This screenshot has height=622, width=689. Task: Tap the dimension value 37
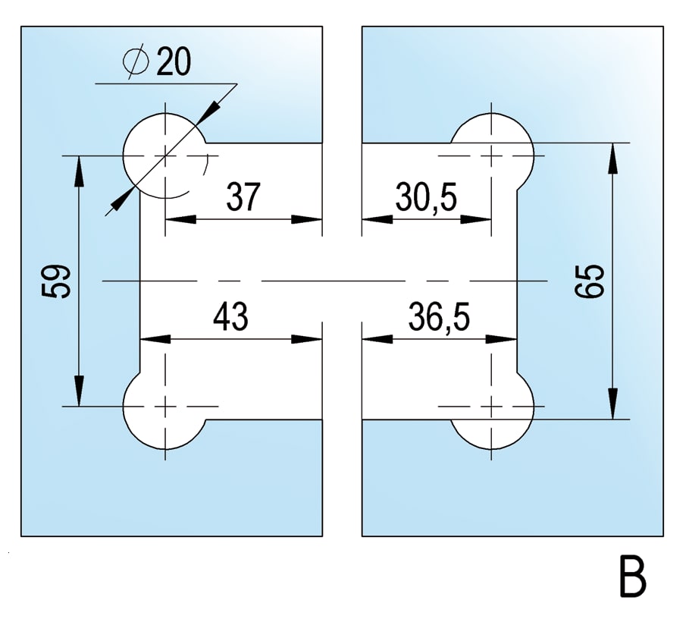click(243, 198)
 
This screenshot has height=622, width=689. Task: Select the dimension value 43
click(230, 316)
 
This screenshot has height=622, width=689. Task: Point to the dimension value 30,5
click(426, 198)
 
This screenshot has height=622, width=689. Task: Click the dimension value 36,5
click(438, 316)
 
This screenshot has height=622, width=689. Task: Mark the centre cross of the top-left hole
click(164, 156)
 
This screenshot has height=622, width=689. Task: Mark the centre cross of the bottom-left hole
click(164, 406)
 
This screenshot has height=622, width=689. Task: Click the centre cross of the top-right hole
click(492, 156)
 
